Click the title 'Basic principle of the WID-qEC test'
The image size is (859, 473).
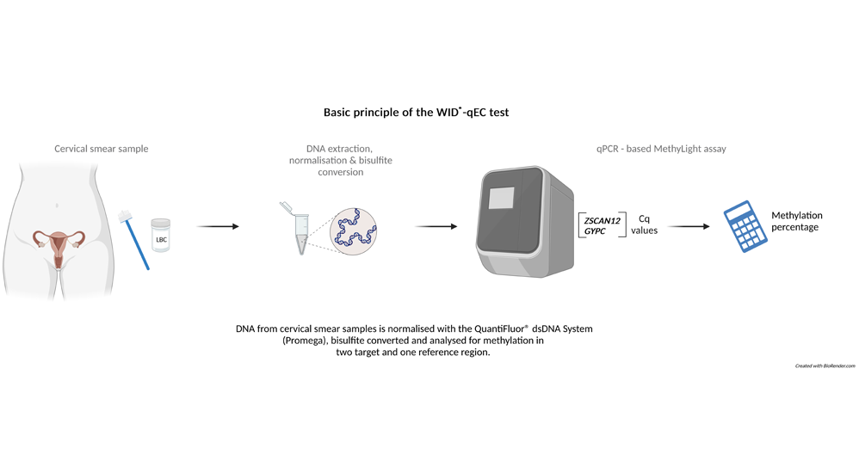coord(416,112)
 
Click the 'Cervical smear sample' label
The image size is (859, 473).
coord(101,149)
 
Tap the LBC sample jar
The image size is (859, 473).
coord(161,235)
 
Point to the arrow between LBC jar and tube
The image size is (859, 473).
coord(218,227)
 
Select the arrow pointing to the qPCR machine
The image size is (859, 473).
coord(436,227)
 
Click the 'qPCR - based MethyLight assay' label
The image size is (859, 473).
coord(661,149)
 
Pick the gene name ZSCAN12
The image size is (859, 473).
coord(602,221)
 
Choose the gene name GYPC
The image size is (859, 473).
coord(596,231)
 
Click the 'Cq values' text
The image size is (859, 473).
coord(644,224)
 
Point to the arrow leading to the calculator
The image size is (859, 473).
coord(689,227)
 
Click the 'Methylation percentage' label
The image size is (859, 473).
coord(796,221)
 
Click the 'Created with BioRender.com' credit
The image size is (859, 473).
coord(825,365)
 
